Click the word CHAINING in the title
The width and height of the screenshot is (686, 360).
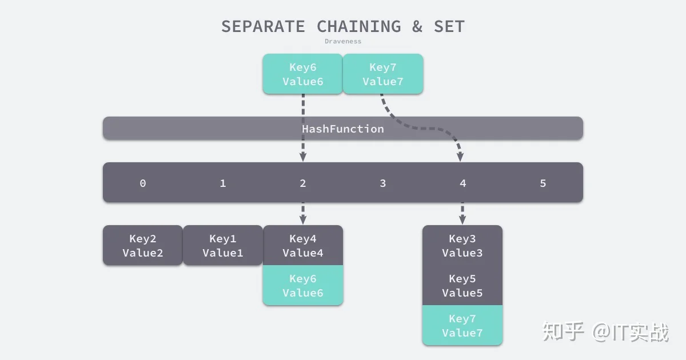358,26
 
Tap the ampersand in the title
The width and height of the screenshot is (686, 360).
417,26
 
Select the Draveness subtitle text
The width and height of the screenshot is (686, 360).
343,41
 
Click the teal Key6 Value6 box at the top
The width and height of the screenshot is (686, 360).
303,74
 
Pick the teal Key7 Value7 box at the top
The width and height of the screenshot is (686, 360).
383,74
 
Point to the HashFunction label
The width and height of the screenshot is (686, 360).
343,129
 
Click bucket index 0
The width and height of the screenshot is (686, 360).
143,183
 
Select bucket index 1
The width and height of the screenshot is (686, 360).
223,183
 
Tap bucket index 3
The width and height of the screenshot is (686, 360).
383,183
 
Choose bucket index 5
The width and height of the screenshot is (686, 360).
543,183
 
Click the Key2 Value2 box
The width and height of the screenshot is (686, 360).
143,245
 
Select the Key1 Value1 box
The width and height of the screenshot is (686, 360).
223,245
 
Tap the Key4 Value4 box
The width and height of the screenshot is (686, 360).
303,245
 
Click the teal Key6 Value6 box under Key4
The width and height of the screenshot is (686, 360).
303,285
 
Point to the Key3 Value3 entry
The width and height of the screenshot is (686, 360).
462,245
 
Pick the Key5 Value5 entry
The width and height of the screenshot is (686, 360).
462,285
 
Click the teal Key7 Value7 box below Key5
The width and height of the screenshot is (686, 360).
462,325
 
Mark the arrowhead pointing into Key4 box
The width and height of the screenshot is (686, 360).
303,219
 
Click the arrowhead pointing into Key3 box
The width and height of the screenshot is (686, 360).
462,219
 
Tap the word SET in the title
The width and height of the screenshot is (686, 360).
449,26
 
